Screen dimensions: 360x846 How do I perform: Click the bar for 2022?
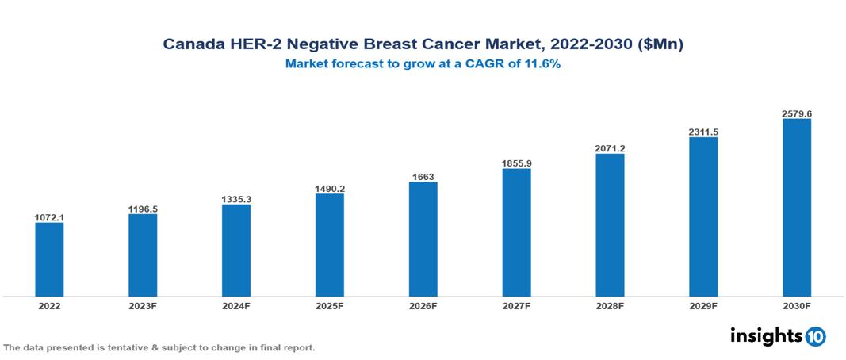49,259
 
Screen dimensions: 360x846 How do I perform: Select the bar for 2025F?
330,245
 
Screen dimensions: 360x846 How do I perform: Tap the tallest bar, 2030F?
796,208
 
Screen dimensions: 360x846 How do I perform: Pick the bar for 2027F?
516,232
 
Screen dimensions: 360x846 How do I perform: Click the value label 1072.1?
49,216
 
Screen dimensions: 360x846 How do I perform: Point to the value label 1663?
423,176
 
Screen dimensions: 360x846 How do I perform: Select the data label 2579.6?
796,113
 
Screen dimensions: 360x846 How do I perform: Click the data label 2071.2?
610,147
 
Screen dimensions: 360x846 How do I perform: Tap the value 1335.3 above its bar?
236,199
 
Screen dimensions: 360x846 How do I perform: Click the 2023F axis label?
143,305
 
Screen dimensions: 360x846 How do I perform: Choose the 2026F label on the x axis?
423,305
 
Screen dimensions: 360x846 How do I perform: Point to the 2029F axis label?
703,305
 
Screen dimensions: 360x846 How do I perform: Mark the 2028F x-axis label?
610,305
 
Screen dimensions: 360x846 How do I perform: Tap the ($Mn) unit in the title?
660,45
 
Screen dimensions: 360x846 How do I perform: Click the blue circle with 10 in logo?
815,336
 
